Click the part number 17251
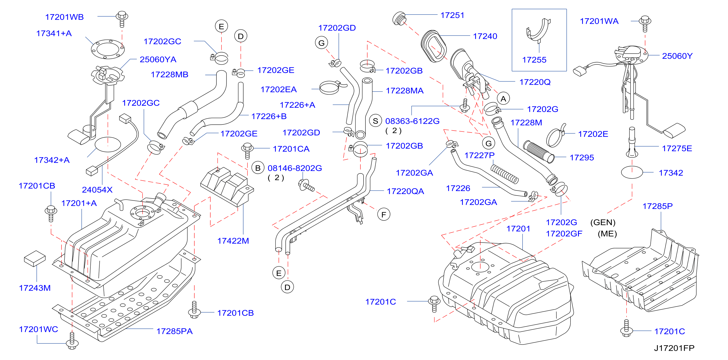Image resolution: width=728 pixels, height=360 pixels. [452, 15]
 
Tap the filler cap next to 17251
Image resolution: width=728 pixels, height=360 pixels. [399, 18]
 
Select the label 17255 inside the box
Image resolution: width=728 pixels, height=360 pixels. [534, 60]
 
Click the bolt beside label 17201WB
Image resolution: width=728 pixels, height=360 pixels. [122, 19]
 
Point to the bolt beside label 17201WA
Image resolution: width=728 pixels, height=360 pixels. [645, 24]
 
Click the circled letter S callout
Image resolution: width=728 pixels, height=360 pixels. [375, 121]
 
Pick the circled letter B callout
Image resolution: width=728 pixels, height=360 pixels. [258, 168]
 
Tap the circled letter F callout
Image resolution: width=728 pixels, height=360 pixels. [383, 214]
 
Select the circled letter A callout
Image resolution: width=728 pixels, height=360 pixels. [503, 99]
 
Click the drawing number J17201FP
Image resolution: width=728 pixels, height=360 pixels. [674, 348]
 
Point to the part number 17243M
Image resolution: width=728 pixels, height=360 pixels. [35, 288]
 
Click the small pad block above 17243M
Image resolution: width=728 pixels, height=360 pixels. [35, 258]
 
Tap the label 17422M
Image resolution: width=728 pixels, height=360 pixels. [233, 241]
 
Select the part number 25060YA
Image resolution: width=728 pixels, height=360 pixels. [158, 59]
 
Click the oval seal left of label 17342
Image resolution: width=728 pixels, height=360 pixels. [632, 172]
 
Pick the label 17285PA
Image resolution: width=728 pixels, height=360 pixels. [174, 331]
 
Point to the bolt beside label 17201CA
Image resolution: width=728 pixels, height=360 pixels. [247, 150]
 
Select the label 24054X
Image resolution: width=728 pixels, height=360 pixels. [97, 189]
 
